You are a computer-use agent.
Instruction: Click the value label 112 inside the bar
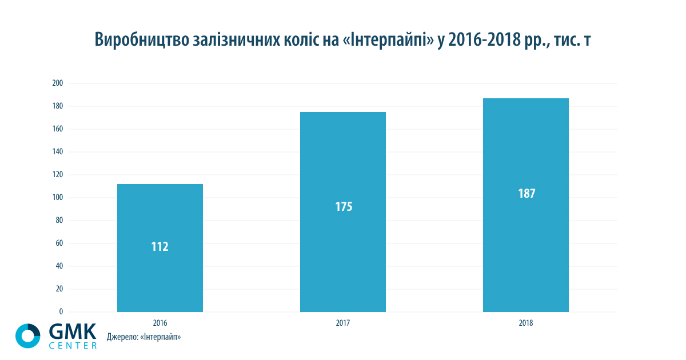click(160, 247)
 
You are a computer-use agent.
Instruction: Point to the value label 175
click(344, 207)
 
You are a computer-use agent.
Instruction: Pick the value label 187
click(527, 193)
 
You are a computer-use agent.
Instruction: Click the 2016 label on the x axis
click(160, 323)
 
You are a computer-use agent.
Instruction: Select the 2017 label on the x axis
click(343, 323)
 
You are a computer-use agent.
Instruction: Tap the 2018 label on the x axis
click(526, 323)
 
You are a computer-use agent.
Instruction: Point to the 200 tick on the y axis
click(57, 83)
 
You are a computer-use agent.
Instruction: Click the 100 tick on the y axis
click(57, 198)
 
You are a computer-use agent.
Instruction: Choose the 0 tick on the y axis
click(61, 312)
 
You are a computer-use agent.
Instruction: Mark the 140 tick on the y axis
click(57, 152)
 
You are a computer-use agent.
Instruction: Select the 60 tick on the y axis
click(59, 243)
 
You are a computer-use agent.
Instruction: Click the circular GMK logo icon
click(27, 335)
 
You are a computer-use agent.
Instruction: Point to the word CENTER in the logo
click(73, 345)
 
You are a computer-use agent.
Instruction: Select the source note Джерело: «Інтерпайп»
click(143, 337)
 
